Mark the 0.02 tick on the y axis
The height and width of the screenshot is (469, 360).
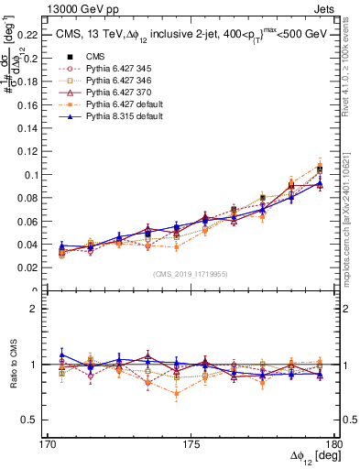(x=34, y=267)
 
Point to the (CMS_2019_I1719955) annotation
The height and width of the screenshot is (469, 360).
(x=191, y=273)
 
